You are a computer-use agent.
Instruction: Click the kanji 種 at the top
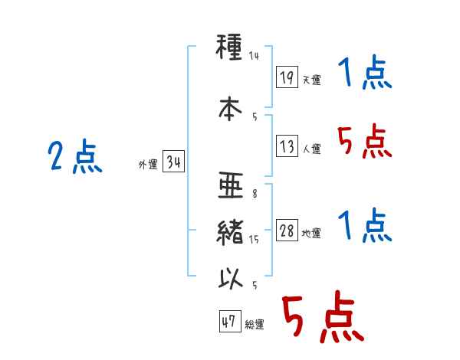229,47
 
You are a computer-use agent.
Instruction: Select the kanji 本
230,109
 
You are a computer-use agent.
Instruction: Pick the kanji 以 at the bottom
231,279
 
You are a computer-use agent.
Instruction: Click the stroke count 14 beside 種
254,56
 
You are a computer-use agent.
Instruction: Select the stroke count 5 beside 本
255,117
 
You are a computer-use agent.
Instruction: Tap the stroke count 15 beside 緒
254,240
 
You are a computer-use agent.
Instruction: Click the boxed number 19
287,77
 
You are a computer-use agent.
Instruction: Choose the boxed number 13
287,146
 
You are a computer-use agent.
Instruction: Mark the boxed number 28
287,230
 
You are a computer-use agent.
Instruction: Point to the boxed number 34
173,161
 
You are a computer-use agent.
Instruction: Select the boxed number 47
230,321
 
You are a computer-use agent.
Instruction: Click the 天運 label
312,80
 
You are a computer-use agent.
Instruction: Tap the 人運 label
312,149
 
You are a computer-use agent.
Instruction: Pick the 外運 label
148,164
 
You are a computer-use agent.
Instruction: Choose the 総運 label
255,324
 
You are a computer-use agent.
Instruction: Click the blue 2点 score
75,156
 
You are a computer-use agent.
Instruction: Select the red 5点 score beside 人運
364,141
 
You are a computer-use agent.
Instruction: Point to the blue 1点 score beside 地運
364,224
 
